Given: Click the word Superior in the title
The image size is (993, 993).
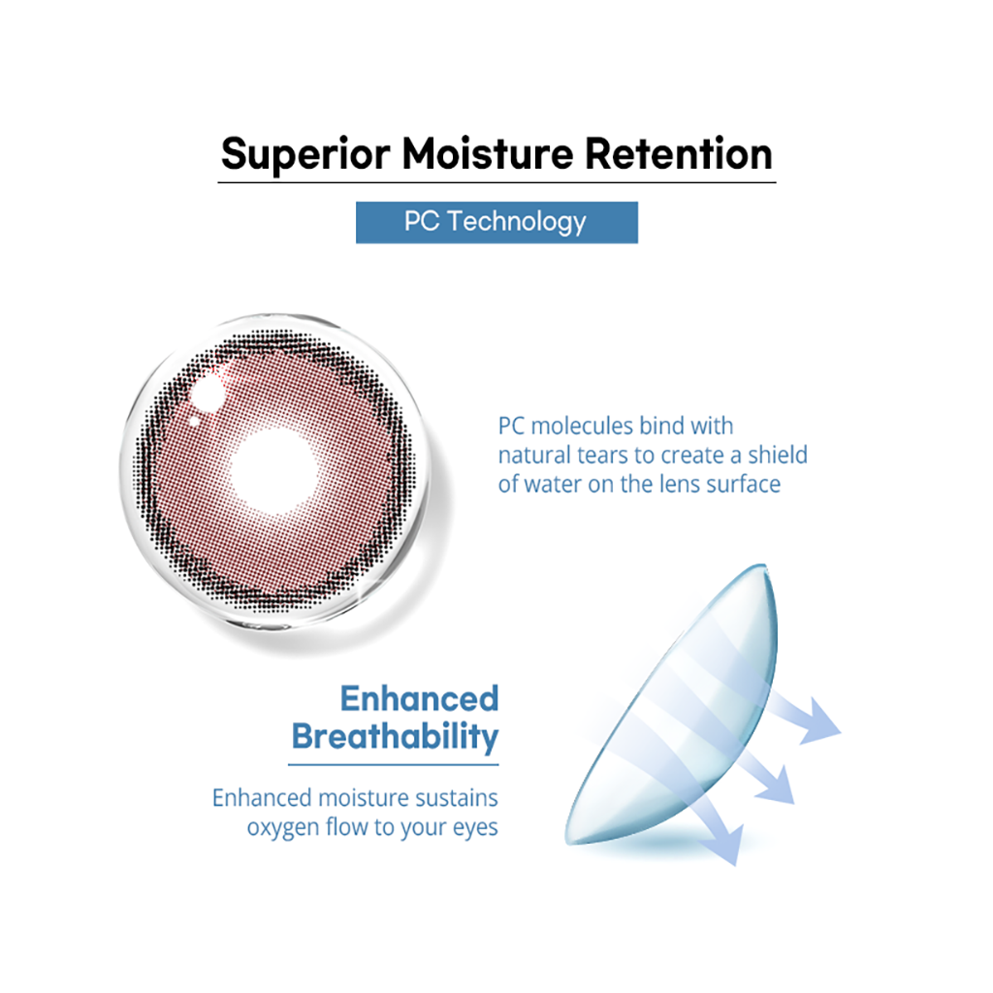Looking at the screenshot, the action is click(x=305, y=155).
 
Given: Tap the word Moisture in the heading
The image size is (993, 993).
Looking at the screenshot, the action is click(x=488, y=154).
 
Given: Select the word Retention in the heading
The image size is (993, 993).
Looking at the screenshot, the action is click(x=679, y=154).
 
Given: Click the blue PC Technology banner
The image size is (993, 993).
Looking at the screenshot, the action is click(x=496, y=222).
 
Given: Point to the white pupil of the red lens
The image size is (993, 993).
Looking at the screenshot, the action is click(x=273, y=470).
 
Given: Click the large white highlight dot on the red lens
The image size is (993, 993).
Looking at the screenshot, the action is click(x=207, y=394).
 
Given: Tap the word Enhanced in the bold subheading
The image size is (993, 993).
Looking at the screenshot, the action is click(x=419, y=698).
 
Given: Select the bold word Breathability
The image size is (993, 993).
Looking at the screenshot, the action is click(x=396, y=737).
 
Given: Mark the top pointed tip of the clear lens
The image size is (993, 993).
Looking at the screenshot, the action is click(x=764, y=565).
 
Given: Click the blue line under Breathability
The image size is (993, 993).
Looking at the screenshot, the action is click(x=394, y=765).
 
